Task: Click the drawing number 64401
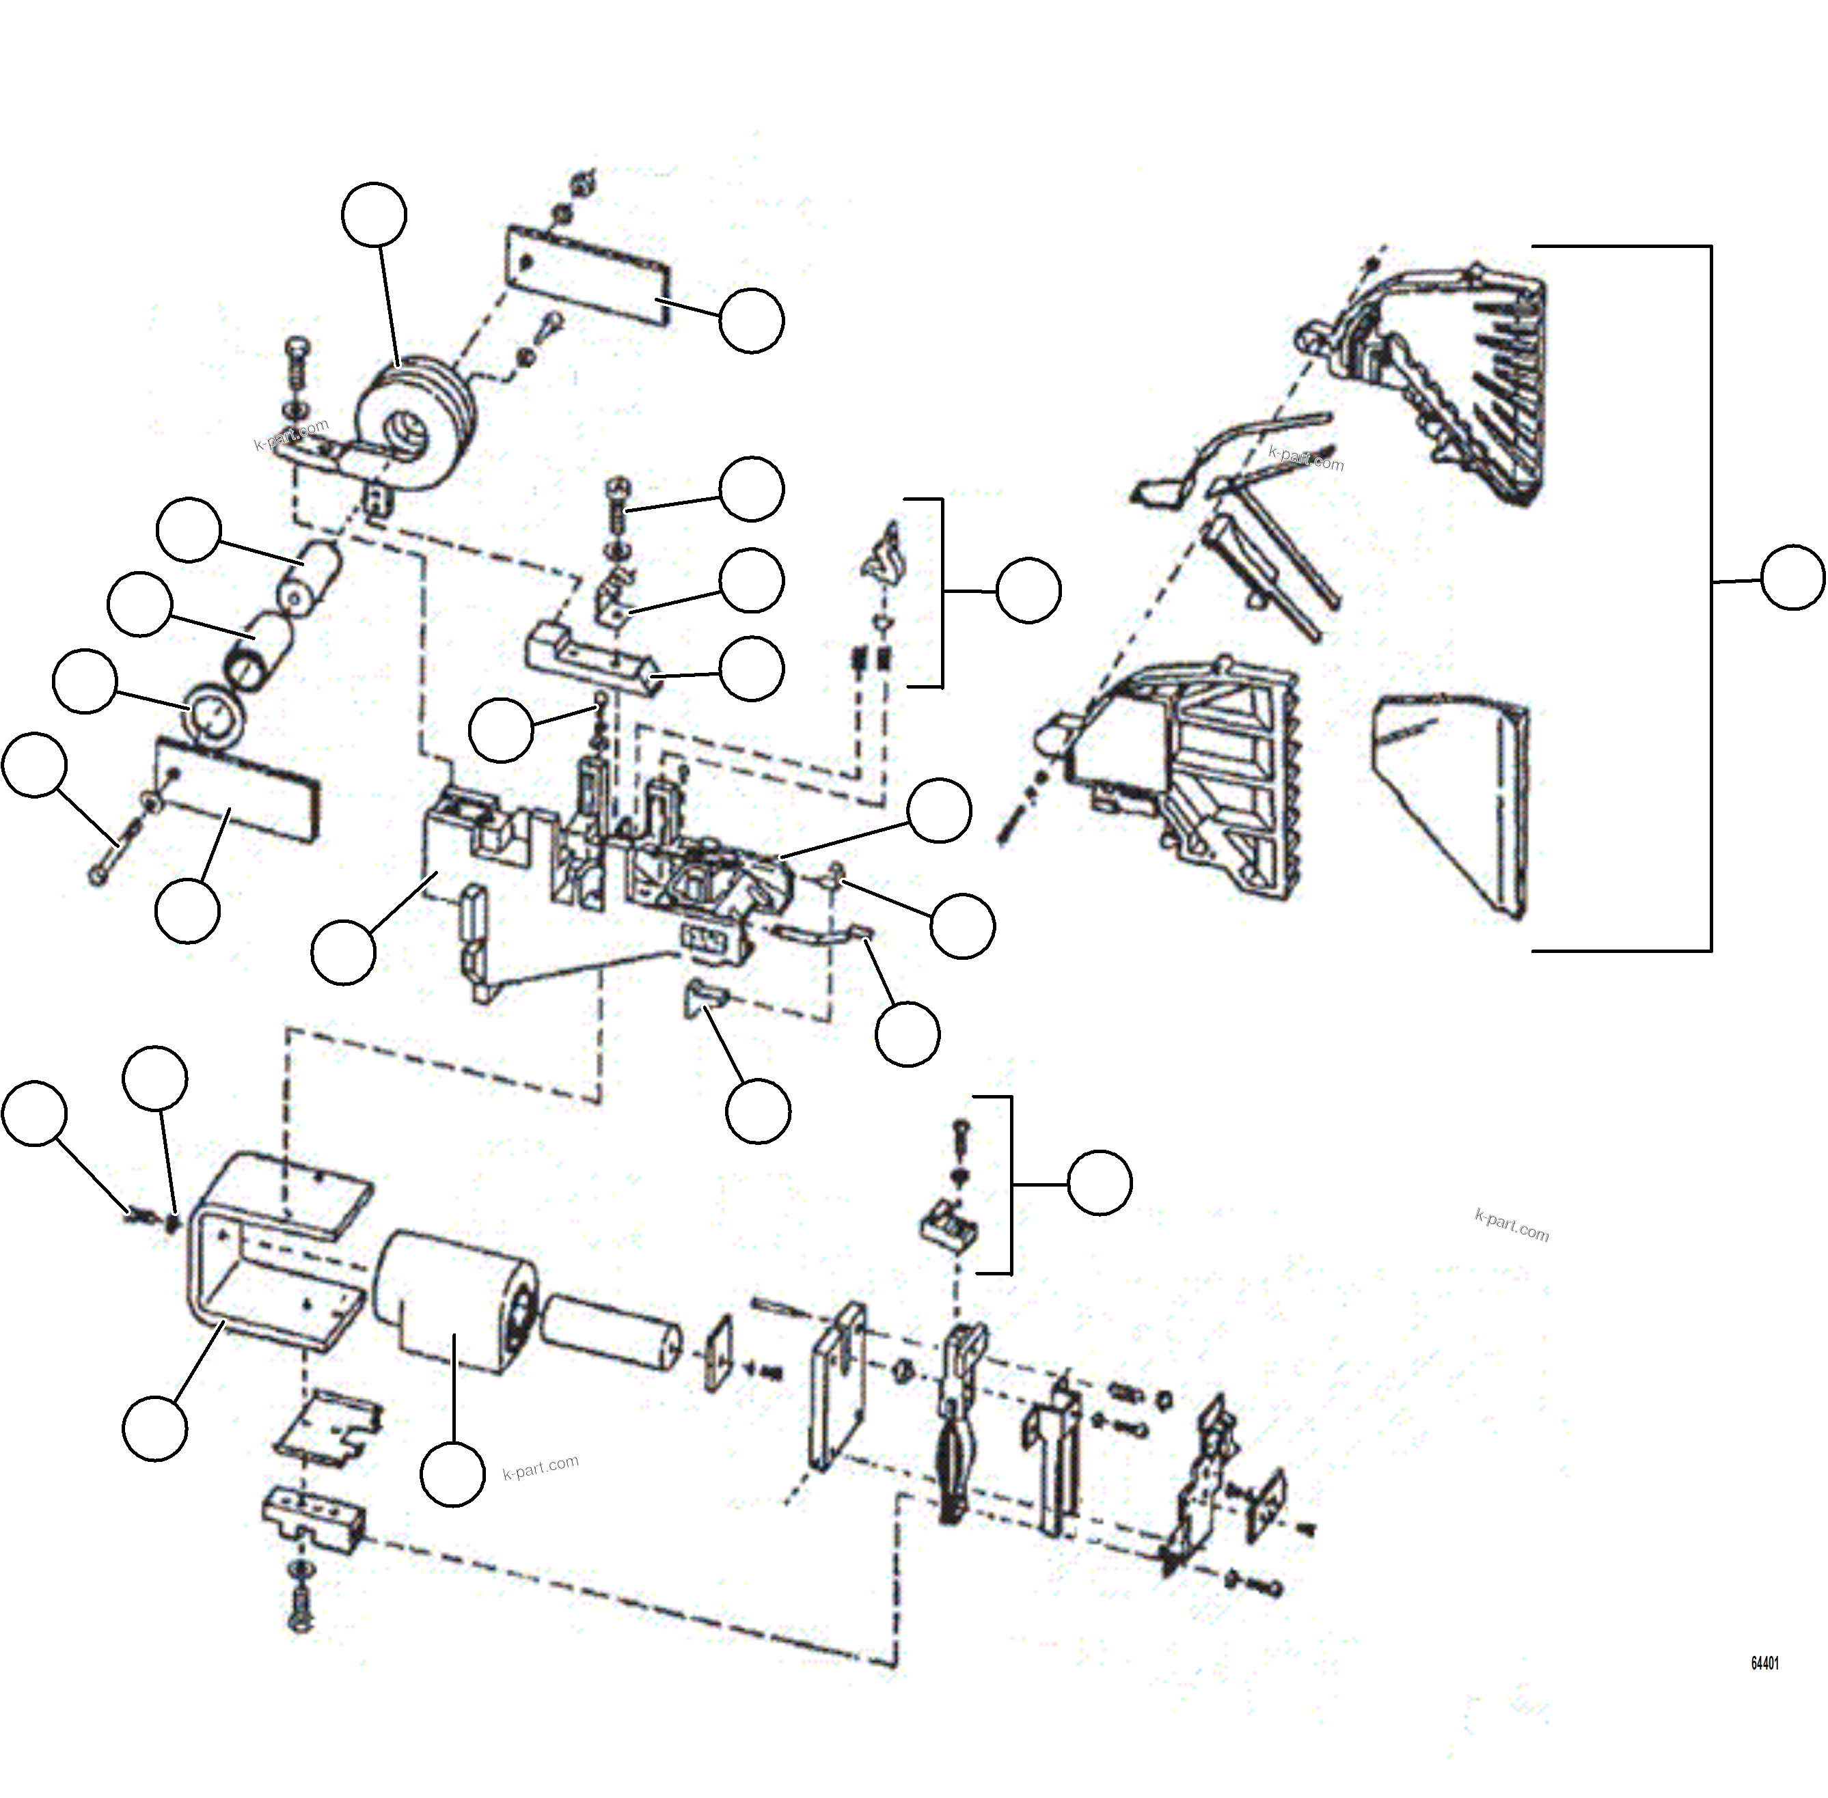(x=1764, y=1663)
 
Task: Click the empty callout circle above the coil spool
(x=374, y=215)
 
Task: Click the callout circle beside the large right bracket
(x=1792, y=578)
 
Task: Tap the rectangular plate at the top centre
(x=588, y=275)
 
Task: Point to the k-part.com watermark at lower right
(x=1511, y=1225)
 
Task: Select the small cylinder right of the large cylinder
(x=612, y=1331)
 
